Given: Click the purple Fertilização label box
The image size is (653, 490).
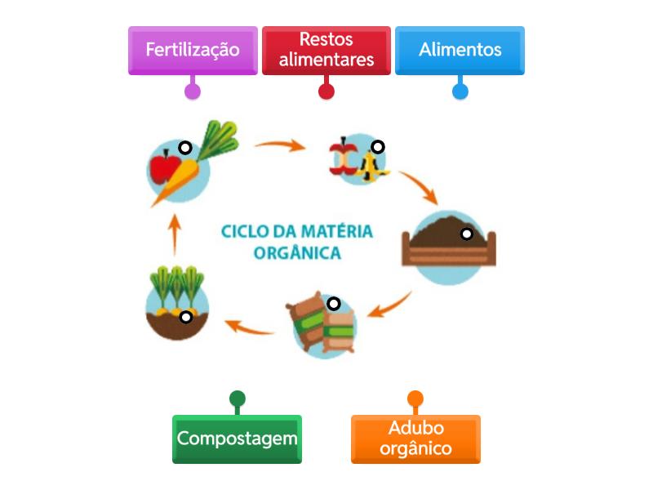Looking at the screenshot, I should (193, 50).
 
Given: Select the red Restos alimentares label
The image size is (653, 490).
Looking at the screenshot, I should (326, 50).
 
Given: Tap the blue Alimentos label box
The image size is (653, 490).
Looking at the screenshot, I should (460, 50).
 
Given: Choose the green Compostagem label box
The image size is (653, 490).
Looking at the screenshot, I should (237, 439).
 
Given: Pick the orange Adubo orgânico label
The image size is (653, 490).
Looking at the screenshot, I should (415, 439).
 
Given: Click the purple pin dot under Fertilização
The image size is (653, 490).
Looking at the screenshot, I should (193, 91).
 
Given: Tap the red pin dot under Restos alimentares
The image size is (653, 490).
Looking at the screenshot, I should (326, 91).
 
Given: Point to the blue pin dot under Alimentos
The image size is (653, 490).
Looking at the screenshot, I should (460, 91).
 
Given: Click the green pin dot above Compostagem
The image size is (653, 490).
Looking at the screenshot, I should (237, 399).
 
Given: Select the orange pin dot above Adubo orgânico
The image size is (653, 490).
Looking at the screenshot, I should (415, 399).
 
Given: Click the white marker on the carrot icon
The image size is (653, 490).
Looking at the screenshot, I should (185, 148).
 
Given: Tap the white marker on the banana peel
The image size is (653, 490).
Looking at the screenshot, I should (377, 147).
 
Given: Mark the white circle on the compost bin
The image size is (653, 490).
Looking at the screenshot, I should (466, 234).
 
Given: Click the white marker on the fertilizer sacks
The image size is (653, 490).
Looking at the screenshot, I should (333, 304).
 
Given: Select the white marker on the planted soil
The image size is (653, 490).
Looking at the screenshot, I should (186, 317).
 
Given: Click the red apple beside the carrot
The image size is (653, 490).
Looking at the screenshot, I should (162, 169).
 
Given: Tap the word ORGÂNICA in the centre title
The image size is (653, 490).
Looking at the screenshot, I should (297, 252).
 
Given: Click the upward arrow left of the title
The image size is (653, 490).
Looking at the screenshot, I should (174, 238).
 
